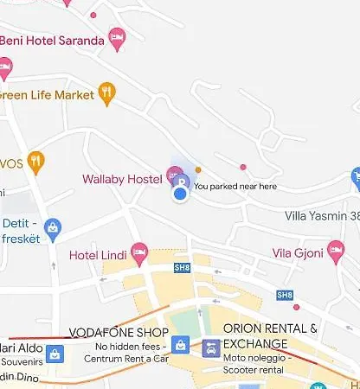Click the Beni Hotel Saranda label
(x=50, y=40)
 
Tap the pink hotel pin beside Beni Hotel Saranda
(x=117, y=38)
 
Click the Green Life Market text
(x=47, y=95)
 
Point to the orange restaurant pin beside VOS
(x=35, y=161)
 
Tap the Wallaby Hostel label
(x=122, y=179)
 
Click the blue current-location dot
(x=180, y=194)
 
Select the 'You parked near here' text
(x=235, y=186)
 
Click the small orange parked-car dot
(x=198, y=169)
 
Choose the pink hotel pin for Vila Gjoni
(x=337, y=252)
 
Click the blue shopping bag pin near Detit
(x=53, y=227)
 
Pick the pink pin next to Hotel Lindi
(x=139, y=253)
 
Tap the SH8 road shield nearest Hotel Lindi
(x=181, y=267)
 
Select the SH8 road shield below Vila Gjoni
(x=284, y=295)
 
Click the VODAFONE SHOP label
(x=128, y=332)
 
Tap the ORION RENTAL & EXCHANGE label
(x=270, y=335)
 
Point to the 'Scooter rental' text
(x=254, y=369)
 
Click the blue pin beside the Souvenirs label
(x=55, y=354)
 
